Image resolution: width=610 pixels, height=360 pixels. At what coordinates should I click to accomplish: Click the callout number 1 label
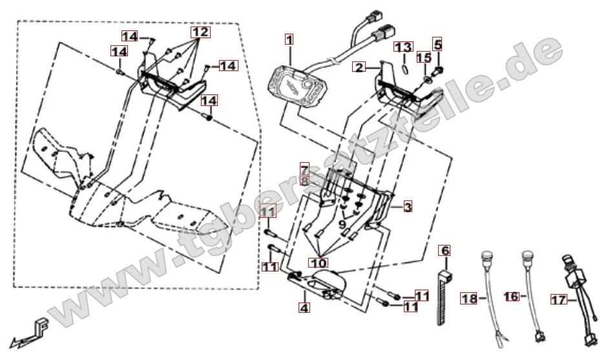[x=289, y=40]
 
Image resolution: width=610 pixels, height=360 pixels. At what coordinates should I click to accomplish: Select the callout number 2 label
[x=359, y=67]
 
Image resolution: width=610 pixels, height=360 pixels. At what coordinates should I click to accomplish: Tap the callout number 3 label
[x=408, y=207]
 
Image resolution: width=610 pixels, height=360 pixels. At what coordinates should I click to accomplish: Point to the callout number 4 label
[x=304, y=308]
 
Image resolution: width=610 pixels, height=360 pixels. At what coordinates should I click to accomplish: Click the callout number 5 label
[x=437, y=45]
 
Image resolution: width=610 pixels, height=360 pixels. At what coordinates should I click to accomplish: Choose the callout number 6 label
[x=445, y=249]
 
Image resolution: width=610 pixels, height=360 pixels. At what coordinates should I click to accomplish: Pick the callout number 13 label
[x=403, y=47]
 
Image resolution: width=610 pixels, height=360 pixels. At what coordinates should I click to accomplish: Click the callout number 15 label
[x=423, y=58]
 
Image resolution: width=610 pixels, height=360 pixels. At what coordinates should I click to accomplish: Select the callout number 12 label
[x=200, y=32]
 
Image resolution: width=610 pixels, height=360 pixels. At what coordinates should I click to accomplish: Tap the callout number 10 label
[x=321, y=262]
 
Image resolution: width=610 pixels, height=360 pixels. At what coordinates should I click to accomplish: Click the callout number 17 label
[x=558, y=299]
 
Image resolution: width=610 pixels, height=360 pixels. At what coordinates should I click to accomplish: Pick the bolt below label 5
[x=439, y=67]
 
